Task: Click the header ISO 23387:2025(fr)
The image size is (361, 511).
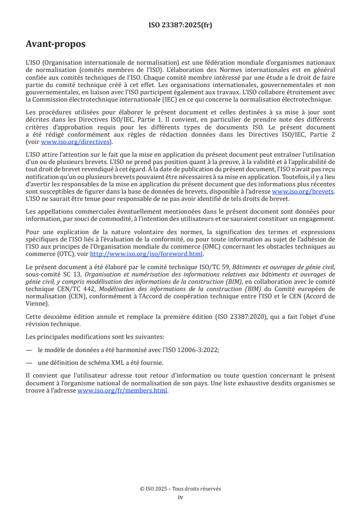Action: click(180, 26)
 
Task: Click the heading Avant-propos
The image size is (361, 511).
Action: click(56, 45)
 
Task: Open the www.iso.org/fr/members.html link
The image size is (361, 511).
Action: click(122, 390)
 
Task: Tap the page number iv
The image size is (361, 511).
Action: click(180, 497)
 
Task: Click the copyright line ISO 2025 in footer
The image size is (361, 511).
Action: click(180, 489)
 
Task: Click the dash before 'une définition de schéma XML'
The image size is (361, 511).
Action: click(29, 363)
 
